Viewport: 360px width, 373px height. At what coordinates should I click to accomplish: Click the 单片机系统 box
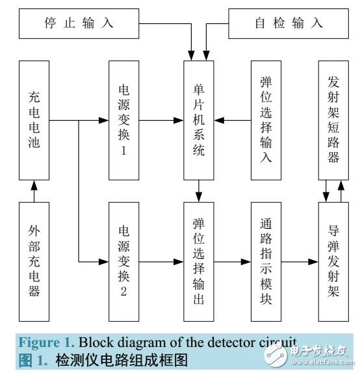[x=200, y=121]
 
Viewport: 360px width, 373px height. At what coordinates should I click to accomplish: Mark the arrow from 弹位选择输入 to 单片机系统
[x=234, y=121]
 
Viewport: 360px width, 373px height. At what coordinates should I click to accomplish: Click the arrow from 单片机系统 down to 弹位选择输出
[x=200, y=191]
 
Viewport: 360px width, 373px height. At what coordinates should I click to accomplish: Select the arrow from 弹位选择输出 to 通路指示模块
[x=234, y=261]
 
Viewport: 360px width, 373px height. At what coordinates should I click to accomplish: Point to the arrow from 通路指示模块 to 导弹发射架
[x=303, y=261]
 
